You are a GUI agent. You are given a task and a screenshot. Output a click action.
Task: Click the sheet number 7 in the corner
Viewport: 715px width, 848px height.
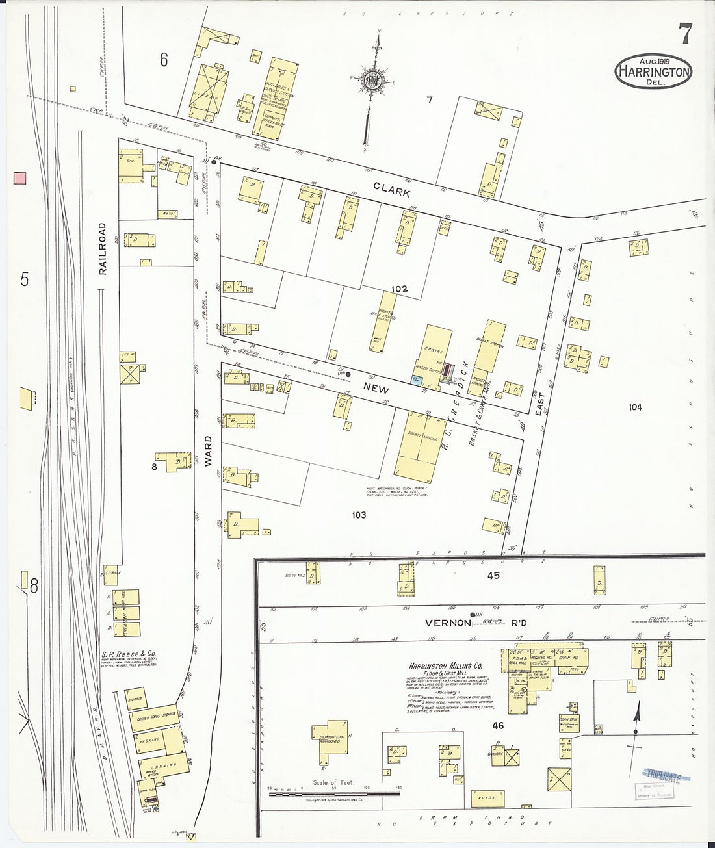tap(685, 33)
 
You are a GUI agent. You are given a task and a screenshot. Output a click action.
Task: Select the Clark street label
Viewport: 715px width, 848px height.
tap(391, 189)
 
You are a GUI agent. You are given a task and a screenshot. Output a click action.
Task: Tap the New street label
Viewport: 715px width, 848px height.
tap(376, 388)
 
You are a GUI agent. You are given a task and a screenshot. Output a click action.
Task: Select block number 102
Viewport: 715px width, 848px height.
tap(399, 289)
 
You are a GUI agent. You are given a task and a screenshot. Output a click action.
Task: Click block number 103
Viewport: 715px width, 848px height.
tap(358, 515)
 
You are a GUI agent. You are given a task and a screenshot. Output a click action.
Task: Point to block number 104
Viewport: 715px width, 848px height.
tap(635, 407)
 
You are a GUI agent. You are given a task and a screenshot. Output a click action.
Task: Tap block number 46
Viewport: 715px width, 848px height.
tap(498, 725)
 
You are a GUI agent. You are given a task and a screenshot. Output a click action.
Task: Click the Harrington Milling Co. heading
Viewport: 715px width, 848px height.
tap(445, 666)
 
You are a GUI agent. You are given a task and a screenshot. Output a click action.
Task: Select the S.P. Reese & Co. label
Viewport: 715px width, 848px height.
tap(129, 654)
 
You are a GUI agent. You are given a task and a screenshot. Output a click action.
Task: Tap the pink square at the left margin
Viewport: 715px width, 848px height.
tap(19, 177)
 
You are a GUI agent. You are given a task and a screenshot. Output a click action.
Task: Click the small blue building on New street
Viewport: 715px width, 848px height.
tap(416, 379)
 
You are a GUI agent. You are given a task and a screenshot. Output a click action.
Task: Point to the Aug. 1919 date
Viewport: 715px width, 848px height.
tap(653, 60)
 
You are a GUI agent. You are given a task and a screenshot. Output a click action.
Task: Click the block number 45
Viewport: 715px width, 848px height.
tap(493, 575)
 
